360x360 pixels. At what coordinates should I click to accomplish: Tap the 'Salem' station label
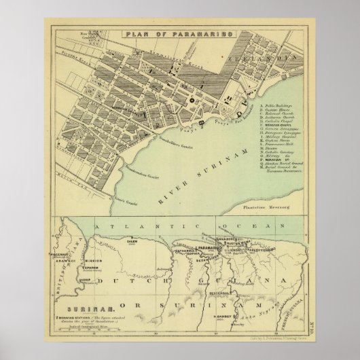pyautogui.click(x=130, y=240)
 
